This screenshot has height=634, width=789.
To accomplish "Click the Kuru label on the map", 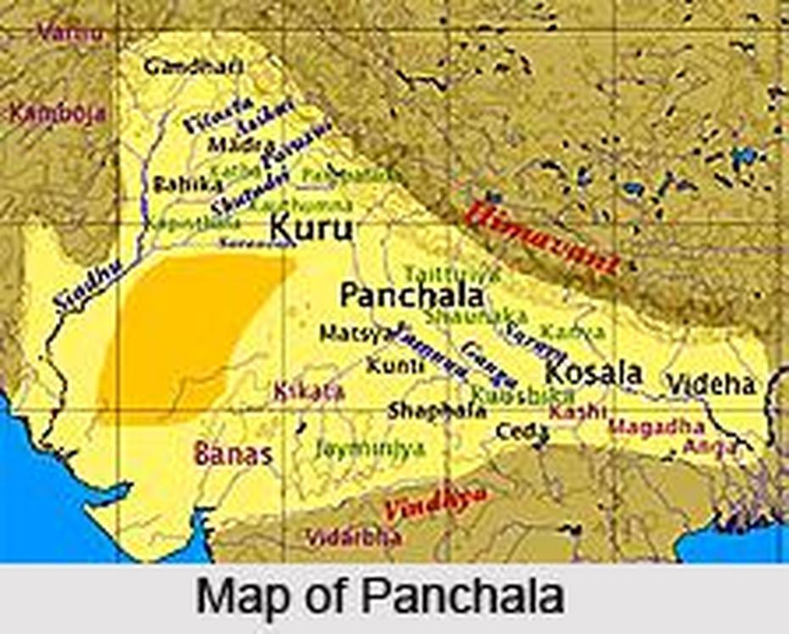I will pyautogui.click(x=311, y=227).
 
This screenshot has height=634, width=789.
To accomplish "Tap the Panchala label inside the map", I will pyautogui.click(x=411, y=295).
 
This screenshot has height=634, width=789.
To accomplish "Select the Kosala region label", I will pyautogui.click(x=593, y=373).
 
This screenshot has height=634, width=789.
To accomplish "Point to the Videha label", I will pyautogui.click(x=710, y=384).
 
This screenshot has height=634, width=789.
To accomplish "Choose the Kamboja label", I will pyautogui.click(x=58, y=113).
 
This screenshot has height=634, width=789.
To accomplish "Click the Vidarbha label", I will pyautogui.click(x=355, y=537).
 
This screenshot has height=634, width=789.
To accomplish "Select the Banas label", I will pyautogui.click(x=233, y=453).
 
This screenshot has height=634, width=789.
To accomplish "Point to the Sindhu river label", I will pyautogui.click(x=85, y=286).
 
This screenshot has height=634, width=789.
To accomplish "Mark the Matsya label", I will pyautogui.click(x=356, y=332).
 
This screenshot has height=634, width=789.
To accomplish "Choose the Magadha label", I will pyautogui.click(x=657, y=427).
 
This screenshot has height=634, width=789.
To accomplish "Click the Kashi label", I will pyautogui.click(x=577, y=412).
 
